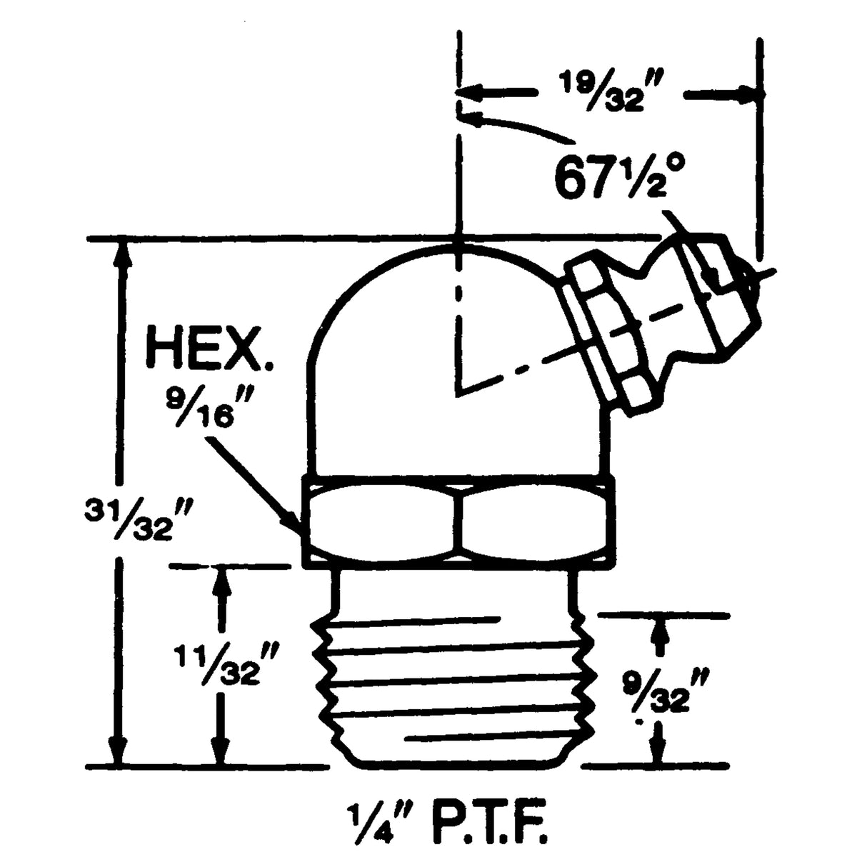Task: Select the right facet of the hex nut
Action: (536, 521)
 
